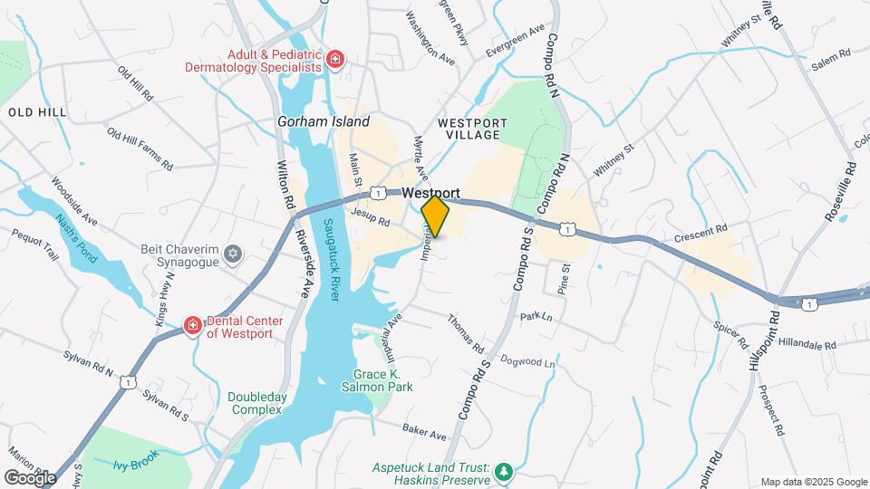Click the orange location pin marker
(x=436, y=217)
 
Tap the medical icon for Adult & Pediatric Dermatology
(x=335, y=60)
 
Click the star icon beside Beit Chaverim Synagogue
(x=233, y=251)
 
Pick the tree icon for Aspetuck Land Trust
(x=502, y=472)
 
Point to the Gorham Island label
(x=324, y=121)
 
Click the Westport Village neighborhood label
(x=469, y=129)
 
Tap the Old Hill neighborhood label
(x=37, y=111)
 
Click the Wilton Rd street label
(x=284, y=185)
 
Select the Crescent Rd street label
(x=701, y=234)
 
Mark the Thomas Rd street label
(x=465, y=334)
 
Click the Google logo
(x=30, y=477)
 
